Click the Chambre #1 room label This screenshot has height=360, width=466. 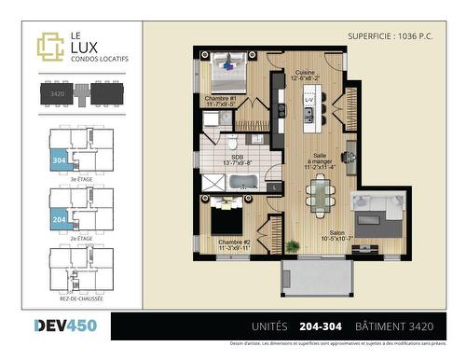point(222,100)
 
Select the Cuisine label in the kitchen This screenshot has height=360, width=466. point(304,76)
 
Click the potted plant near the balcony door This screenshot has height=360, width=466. point(293,246)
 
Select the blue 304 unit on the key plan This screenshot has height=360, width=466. point(58,159)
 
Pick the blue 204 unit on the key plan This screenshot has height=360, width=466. point(58,219)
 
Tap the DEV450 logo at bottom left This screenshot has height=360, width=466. point(64,326)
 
